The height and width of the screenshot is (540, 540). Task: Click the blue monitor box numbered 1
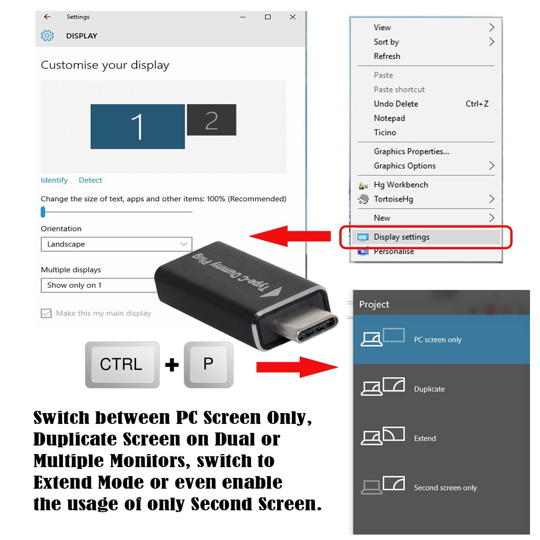[x=137, y=126]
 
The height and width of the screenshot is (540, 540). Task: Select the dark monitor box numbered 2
[x=211, y=120]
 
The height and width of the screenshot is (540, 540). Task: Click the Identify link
[x=54, y=180]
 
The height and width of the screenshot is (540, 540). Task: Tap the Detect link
[x=90, y=180]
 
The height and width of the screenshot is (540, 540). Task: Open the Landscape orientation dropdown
[x=117, y=244]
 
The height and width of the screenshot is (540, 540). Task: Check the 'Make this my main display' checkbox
[x=46, y=313]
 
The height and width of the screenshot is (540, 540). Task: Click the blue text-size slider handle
[x=43, y=211]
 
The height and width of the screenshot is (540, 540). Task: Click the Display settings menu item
[x=401, y=237]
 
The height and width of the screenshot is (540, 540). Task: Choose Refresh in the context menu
[x=387, y=56]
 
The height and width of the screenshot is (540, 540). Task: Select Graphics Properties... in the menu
[x=411, y=152]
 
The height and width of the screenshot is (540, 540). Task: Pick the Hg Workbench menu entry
[x=400, y=185]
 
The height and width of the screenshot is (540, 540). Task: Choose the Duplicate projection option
[x=429, y=389]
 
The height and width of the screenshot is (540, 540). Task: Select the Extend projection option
[x=424, y=438]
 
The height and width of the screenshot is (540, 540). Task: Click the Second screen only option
[x=445, y=488]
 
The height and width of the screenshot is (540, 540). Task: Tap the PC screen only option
[x=437, y=340]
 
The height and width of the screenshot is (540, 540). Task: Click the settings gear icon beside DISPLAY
[x=47, y=36]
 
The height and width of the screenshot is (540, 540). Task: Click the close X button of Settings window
[x=292, y=17]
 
